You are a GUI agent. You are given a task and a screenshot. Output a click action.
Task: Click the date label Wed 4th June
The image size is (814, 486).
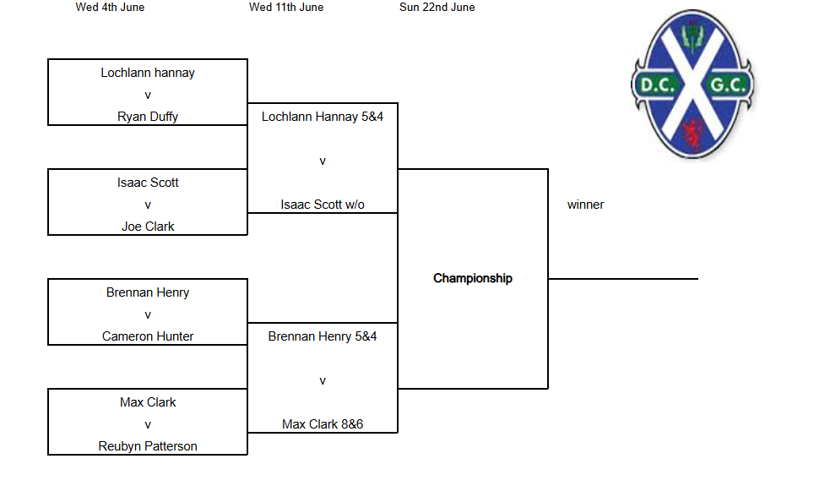pyautogui.click(x=110, y=8)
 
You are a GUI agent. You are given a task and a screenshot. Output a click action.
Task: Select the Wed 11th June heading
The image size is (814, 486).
pyautogui.click(x=286, y=8)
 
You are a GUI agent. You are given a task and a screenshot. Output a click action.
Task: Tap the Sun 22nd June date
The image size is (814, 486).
pyautogui.click(x=437, y=8)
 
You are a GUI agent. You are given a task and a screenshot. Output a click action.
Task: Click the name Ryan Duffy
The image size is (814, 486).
pyautogui.click(x=148, y=117)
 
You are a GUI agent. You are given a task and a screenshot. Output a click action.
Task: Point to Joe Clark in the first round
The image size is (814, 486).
pyautogui.click(x=148, y=227)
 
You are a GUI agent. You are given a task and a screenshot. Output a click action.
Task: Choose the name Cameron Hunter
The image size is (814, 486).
pyautogui.click(x=148, y=336)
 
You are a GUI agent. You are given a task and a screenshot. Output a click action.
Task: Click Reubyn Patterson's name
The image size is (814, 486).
pyautogui.click(x=148, y=446)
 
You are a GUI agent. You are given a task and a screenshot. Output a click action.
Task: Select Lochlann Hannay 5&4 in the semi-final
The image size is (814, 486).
pyautogui.click(x=323, y=117)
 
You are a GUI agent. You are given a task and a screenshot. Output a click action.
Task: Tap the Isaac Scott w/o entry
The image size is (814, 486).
pyautogui.click(x=323, y=205)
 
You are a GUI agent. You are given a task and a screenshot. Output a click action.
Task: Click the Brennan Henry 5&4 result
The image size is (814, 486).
pyautogui.click(x=323, y=336)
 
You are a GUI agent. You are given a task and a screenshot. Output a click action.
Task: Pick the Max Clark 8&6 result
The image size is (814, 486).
pyautogui.click(x=323, y=424)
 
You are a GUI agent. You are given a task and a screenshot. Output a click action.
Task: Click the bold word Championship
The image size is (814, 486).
pyautogui.click(x=473, y=279)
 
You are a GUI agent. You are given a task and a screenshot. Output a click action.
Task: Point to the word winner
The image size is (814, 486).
pyautogui.click(x=585, y=205)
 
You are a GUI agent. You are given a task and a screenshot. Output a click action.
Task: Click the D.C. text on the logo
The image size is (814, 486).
pyautogui.click(x=657, y=85)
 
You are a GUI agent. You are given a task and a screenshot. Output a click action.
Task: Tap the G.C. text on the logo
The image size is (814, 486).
pyautogui.click(x=728, y=85)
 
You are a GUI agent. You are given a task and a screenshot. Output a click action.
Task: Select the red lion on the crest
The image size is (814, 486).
pyautogui.click(x=693, y=134)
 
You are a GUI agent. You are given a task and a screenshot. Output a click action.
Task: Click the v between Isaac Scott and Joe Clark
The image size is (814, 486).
pyautogui.click(x=148, y=205)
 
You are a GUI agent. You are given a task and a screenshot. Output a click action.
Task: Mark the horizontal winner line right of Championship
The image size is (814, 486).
pyautogui.click(x=623, y=279)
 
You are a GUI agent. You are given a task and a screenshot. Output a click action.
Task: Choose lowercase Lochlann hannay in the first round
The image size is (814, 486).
pyautogui.click(x=148, y=73)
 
